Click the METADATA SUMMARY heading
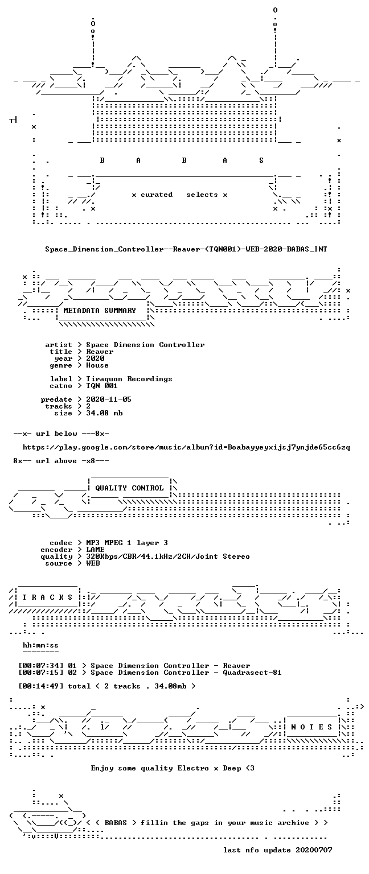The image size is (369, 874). pyautogui.click(x=100, y=311)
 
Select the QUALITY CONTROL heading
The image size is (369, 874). pyautogui.click(x=129, y=488)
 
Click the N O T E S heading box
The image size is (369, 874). pyautogui.click(x=311, y=727)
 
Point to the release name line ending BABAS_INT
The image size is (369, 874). pyautogui.click(x=186, y=249)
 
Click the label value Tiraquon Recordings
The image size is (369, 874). pyautogui.click(x=129, y=380)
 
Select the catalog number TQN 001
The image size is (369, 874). pyautogui.click(x=101, y=386)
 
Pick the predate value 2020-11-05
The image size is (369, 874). pyautogui.click(x=109, y=399)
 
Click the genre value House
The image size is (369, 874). pyautogui.click(x=97, y=366)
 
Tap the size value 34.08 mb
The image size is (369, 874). pyautogui.click(x=104, y=413)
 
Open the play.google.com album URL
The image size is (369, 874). pyautogui.click(x=186, y=447)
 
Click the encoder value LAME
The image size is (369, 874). pyautogui.click(x=95, y=550)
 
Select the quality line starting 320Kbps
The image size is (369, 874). pyautogui.click(x=168, y=557)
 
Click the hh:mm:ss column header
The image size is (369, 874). pyautogui.click(x=40, y=645)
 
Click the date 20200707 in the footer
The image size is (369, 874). pyautogui.click(x=314, y=850)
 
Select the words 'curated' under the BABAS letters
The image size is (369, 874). pyautogui.click(x=156, y=195)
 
